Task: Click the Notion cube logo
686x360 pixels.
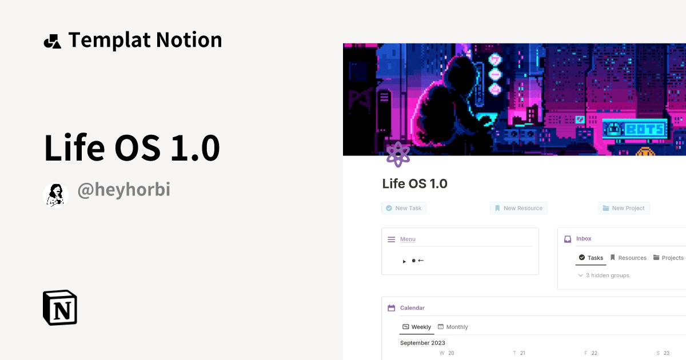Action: pos(60,307)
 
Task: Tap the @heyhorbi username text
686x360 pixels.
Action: pos(123,190)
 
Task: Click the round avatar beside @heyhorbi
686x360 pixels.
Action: pos(56,195)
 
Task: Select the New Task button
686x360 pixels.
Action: pos(404,208)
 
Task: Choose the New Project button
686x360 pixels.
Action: pos(624,208)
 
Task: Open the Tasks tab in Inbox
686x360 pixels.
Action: pos(591,258)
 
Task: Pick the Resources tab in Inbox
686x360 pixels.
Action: pos(628,258)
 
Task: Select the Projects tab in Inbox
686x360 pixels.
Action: pos(668,258)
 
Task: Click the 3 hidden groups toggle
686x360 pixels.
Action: pos(604,275)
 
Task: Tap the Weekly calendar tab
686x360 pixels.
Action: pos(417,327)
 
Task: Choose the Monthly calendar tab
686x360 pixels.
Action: pos(453,327)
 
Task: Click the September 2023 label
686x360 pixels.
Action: pos(422,343)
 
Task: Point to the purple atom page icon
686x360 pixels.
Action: pos(398,154)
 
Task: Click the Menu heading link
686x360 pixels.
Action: pos(408,239)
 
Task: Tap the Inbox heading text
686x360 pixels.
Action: pos(584,238)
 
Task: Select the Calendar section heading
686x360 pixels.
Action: pos(412,308)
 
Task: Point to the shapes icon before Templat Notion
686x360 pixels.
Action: pos(52,41)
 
